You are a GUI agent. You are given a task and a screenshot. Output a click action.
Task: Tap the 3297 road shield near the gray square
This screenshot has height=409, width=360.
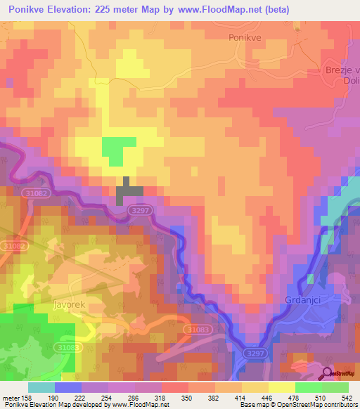141,209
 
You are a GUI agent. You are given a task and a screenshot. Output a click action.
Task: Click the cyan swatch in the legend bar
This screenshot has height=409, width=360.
41,387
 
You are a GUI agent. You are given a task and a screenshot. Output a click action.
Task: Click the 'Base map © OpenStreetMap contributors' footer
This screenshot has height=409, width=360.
296,405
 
